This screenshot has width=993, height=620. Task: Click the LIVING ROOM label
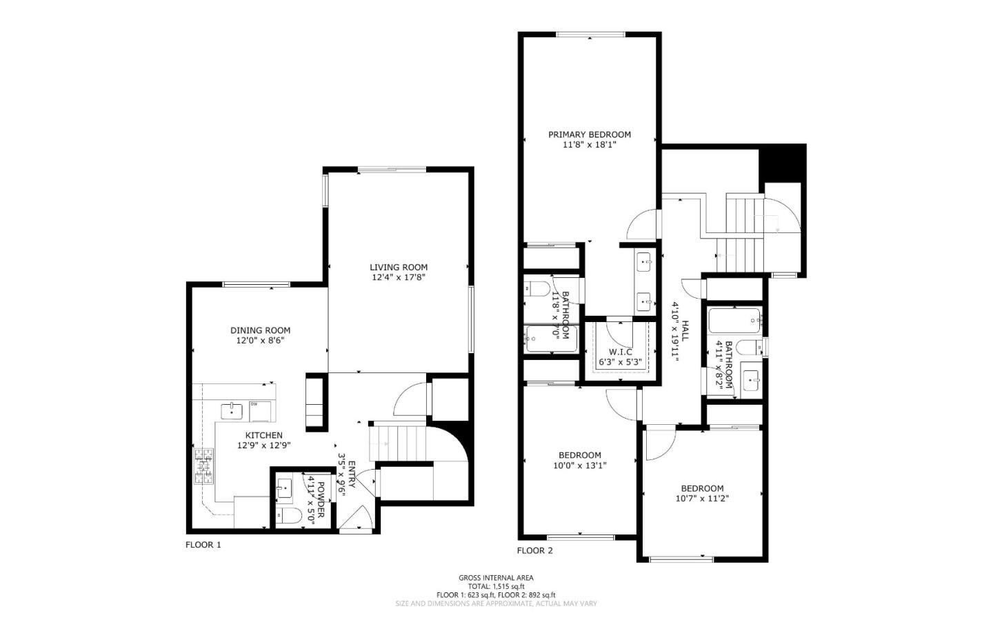(x=399, y=267)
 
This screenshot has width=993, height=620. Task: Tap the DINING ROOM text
(x=260, y=330)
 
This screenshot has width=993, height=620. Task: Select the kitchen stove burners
(x=204, y=466)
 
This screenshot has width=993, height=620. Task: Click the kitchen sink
(x=232, y=411)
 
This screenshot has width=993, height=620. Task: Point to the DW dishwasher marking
(x=254, y=404)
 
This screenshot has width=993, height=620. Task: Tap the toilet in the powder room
(x=288, y=515)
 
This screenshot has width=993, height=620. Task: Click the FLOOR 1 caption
(x=203, y=545)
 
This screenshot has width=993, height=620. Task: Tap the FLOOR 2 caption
(x=535, y=550)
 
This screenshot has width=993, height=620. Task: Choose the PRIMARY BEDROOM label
(x=590, y=134)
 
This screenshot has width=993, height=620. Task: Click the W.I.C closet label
(x=620, y=352)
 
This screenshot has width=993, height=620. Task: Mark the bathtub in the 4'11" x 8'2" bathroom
(x=734, y=320)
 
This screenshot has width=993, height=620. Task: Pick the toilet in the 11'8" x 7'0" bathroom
(x=536, y=288)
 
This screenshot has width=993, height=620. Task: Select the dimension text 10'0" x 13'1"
(x=580, y=465)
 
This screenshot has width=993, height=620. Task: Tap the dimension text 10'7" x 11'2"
(x=702, y=498)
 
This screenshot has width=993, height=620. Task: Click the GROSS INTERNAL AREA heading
(x=496, y=578)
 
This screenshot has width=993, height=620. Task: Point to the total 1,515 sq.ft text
(x=496, y=586)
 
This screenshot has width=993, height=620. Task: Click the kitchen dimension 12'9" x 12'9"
(x=264, y=445)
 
